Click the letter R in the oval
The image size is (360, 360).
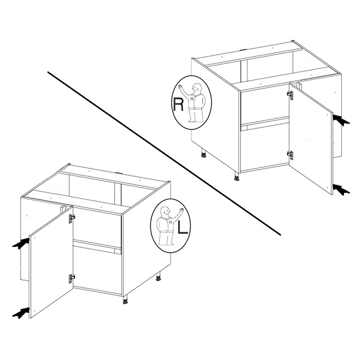179,104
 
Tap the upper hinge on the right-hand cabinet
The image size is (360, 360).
291,95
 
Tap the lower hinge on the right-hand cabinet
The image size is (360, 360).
291,155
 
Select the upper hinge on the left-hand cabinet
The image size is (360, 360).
72,219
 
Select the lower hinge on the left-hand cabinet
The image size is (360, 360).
72,279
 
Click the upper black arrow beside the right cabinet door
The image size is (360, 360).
341,120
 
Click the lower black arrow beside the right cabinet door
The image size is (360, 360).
341,190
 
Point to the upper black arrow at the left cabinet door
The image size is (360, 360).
21,243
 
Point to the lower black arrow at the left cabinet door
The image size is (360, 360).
21,313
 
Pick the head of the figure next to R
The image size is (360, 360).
197,88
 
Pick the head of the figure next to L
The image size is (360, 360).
165,212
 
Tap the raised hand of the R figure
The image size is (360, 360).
180,87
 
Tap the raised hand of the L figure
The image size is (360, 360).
182,210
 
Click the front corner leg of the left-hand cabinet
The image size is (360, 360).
125,300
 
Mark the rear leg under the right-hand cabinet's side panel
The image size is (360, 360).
203,153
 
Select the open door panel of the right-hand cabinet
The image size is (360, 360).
311,139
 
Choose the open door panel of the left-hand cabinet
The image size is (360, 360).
51,262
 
